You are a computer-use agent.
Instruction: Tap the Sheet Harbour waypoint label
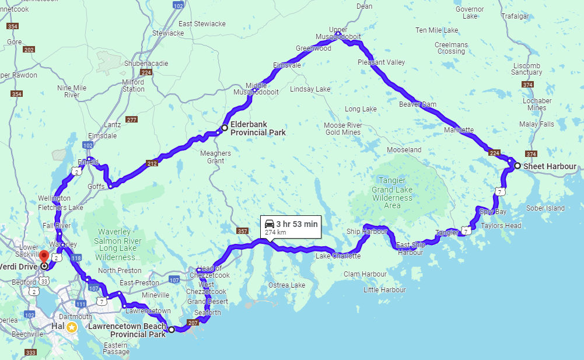[x=550, y=166]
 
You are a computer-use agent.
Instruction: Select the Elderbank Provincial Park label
[x=258, y=128]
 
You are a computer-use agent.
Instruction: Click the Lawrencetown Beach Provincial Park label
[x=127, y=330]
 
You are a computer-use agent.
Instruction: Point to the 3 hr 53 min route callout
[x=291, y=227]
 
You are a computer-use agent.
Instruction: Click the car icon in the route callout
[x=270, y=223]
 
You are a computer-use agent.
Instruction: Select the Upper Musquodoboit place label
[x=338, y=33]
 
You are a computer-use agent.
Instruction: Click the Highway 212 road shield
[x=152, y=164]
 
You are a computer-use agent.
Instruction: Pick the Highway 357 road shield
[x=242, y=232]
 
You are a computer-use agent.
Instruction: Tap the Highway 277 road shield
[x=131, y=120]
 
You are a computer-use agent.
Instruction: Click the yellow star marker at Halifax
[x=71, y=327]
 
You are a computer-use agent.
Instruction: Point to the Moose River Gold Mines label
[x=343, y=129]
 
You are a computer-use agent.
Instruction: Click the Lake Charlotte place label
[x=338, y=256]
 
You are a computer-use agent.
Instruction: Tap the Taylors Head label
[x=501, y=226]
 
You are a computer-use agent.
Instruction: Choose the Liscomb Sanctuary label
[x=527, y=69]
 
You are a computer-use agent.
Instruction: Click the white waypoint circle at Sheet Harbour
[x=517, y=166]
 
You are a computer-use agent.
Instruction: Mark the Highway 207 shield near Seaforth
[x=194, y=323]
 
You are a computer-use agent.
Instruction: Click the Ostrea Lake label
[x=286, y=285]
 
